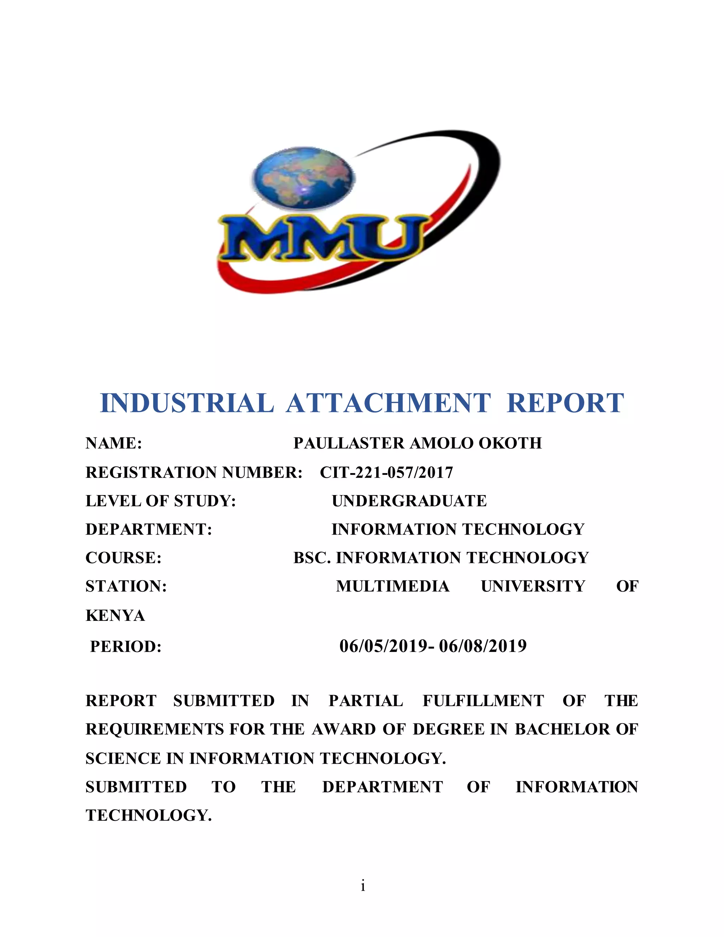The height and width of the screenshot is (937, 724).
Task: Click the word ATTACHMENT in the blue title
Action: pyautogui.click(x=388, y=403)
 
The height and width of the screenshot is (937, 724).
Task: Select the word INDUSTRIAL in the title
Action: pyautogui.click(x=187, y=403)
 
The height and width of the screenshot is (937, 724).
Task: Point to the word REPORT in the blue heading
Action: pyautogui.click(x=565, y=403)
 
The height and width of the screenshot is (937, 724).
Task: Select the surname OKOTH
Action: pyautogui.click(x=510, y=443)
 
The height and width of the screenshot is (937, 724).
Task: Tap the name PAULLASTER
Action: pyautogui.click(x=349, y=443)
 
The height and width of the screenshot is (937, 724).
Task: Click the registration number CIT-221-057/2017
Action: pyautogui.click(x=386, y=472)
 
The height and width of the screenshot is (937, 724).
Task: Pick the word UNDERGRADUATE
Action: pyautogui.click(x=409, y=501)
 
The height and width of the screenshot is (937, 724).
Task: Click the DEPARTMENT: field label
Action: pyautogui.click(x=149, y=529)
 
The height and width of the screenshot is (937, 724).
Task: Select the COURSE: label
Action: pyautogui.click(x=123, y=558)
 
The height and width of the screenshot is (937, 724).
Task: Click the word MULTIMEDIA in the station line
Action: pyautogui.click(x=392, y=586)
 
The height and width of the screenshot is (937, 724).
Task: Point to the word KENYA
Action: pyautogui.click(x=115, y=616)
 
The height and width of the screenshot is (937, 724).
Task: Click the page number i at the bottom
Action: pyautogui.click(x=363, y=885)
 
